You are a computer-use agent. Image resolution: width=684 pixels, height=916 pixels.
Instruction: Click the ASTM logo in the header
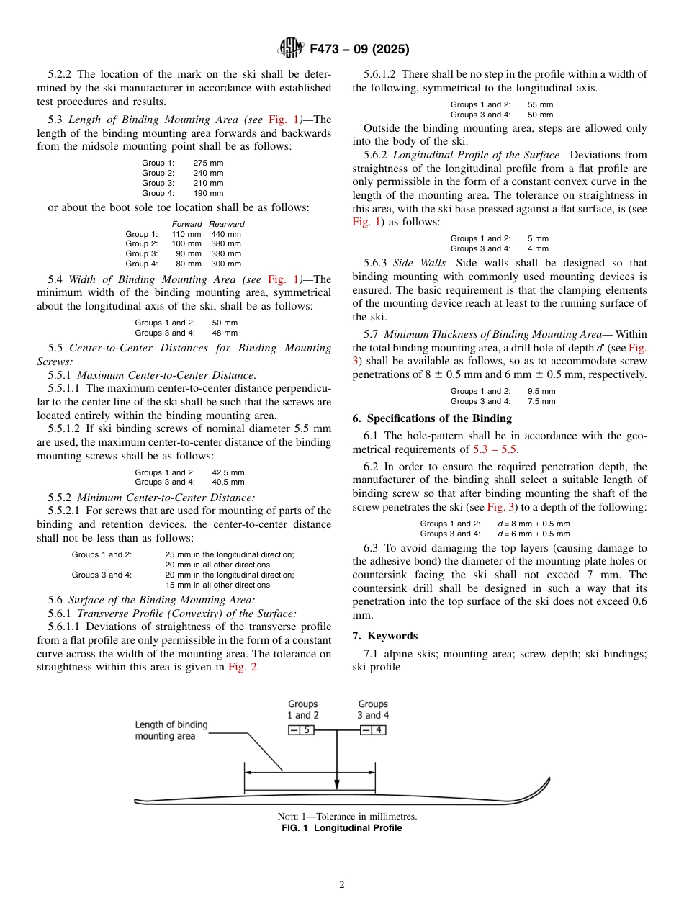(x=291, y=49)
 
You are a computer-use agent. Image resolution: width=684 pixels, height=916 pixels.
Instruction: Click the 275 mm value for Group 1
(x=208, y=163)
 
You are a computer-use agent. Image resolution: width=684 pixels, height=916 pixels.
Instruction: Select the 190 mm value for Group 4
(x=208, y=193)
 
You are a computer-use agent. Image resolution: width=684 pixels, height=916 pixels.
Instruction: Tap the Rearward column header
(x=227, y=224)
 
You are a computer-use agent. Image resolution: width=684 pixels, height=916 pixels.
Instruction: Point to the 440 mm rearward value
(x=226, y=234)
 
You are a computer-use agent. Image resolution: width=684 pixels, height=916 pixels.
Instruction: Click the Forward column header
(x=186, y=224)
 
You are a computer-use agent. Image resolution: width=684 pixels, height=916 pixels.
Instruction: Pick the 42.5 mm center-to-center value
(x=228, y=472)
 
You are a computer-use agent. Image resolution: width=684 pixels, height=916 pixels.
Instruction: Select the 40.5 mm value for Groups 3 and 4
(x=228, y=482)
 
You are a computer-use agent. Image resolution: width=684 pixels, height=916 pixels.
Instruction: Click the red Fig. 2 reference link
(x=243, y=667)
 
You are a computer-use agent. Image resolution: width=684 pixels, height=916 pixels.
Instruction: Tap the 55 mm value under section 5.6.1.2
(x=540, y=105)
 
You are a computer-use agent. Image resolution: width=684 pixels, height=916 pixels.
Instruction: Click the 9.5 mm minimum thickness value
(x=541, y=392)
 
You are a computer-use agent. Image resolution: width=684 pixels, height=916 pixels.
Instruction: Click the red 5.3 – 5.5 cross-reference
(x=495, y=449)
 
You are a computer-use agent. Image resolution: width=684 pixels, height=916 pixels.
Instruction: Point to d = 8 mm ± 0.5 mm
(x=534, y=524)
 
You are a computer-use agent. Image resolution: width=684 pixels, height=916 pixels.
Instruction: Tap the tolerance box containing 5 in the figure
(x=302, y=730)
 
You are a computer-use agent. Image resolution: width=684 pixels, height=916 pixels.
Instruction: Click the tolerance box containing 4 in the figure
(x=373, y=730)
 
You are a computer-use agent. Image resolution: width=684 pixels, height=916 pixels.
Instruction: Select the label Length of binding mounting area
(x=171, y=730)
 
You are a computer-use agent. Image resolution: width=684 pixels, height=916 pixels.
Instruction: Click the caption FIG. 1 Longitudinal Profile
(x=341, y=828)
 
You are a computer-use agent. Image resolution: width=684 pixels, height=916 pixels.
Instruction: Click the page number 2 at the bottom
(x=342, y=885)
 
